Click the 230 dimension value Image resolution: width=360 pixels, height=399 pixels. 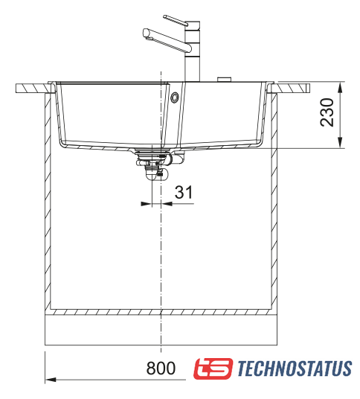tap(327, 112)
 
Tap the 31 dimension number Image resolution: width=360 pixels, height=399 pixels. tap(184, 192)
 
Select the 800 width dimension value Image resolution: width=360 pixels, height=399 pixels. tap(161, 368)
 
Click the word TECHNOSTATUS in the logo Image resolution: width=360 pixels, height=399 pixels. tap(295, 368)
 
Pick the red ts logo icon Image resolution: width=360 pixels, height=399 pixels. tap(213, 368)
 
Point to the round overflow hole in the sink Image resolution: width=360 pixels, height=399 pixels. tap(174, 98)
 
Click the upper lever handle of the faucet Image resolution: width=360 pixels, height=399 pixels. tap(176, 20)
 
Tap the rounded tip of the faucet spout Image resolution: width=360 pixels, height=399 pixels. tap(146, 33)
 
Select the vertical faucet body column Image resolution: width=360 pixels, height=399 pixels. tap(192, 51)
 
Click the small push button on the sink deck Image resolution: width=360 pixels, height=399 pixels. tap(224, 79)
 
